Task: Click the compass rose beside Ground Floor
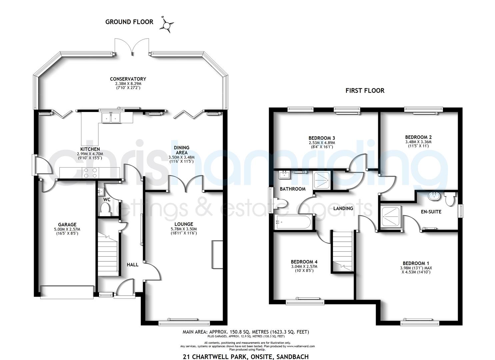(167, 24)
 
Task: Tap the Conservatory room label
(128, 79)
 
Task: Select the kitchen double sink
(111, 117)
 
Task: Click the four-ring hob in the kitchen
(90, 173)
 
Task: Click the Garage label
(67, 224)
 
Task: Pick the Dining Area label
(181, 150)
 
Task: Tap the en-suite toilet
(450, 200)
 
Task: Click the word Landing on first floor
(343, 208)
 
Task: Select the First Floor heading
(365, 90)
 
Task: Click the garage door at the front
(67, 291)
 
